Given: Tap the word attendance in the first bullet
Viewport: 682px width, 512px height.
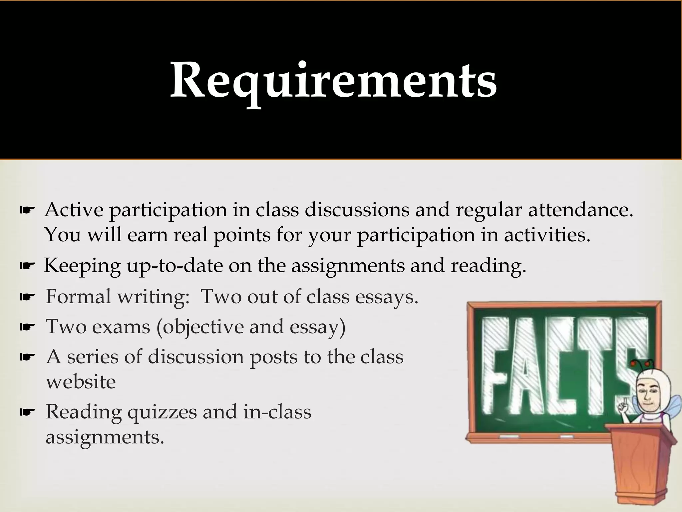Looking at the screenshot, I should [x=581, y=210].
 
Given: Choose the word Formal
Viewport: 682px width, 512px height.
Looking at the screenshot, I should [x=78, y=296].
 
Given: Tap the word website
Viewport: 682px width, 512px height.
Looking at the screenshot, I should [x=81, y=382].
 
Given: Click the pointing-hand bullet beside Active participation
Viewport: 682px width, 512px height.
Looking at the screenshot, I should [x=27, y=210].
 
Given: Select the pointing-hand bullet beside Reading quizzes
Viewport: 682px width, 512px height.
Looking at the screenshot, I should [x=27, y=413].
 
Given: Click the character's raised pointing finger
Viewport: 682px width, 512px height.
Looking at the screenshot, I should [x=625, y=403].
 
